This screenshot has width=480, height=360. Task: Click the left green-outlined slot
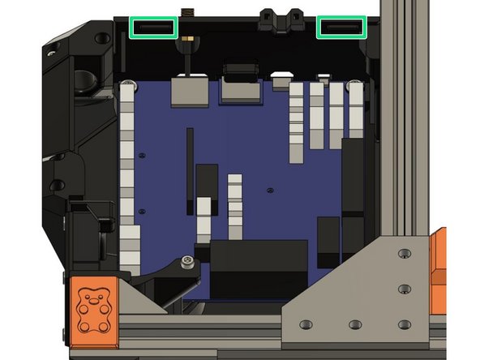(153, 28)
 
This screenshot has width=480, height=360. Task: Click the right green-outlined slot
(341, 28)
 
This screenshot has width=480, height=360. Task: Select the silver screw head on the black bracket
(187, 261)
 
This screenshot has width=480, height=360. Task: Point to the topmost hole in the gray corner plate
(403, 255)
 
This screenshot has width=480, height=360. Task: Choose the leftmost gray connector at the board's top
(188, 92)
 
